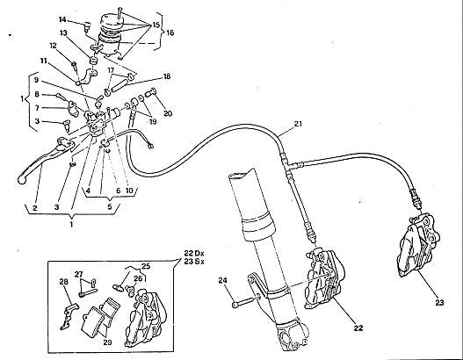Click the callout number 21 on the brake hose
[x=298, y=124]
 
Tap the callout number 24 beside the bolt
[x=222, y=280]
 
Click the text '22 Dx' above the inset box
[x=194, y=253]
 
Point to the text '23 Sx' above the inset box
[x=194, y=261]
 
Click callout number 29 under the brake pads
[x=107, y=342]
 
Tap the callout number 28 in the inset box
[x=64, y=282]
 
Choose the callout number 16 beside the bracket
[x=170, y=32]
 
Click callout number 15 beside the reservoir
[x=156, y=25]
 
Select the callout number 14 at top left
[x=62, y=19]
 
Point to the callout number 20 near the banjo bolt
[x=168, y=113]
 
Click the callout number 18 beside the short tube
[x=167, y=76]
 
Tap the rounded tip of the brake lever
[x=21, y=180]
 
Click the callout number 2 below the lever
[x=35, y=208]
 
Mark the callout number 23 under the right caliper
[x=439, y=302]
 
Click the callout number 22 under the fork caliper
[x=358, y=328]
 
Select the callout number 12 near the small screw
[x=53, y=46]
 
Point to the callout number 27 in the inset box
[x=78, y=275]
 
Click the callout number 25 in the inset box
[x=146, y=266]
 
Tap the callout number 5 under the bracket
[x=110, y=206]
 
